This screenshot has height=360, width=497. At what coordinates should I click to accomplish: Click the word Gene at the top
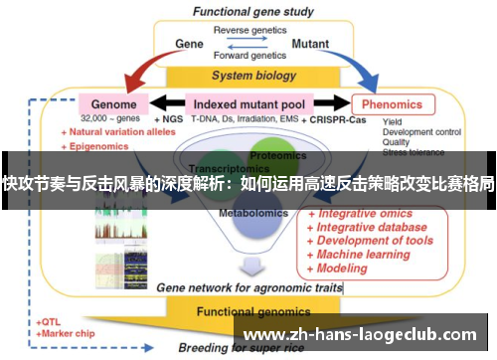tap(189, 45)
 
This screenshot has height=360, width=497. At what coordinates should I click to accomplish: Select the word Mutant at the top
tap(310, 45)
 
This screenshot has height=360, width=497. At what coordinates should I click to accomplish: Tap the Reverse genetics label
tap(248, 29)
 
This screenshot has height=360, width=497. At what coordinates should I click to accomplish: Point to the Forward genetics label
tap(248, 57)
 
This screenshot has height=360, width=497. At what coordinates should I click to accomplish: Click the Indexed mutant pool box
tap(249, 103)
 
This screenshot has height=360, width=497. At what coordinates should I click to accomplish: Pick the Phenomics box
tap(392, 103)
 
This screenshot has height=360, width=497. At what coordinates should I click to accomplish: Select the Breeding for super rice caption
tap(239, 348)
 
